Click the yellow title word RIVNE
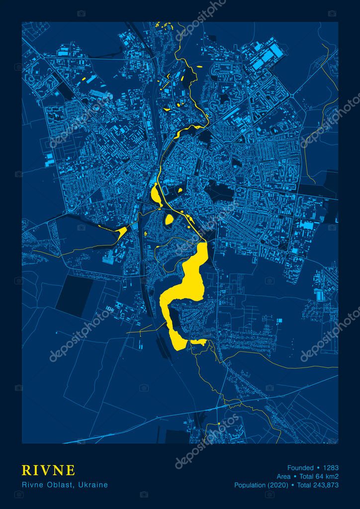48,470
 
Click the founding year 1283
330,468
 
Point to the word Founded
300,468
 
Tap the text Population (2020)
262,485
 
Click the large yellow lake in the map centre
194,278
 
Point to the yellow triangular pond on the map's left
122,230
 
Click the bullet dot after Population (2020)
293,485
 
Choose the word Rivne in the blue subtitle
32,484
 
